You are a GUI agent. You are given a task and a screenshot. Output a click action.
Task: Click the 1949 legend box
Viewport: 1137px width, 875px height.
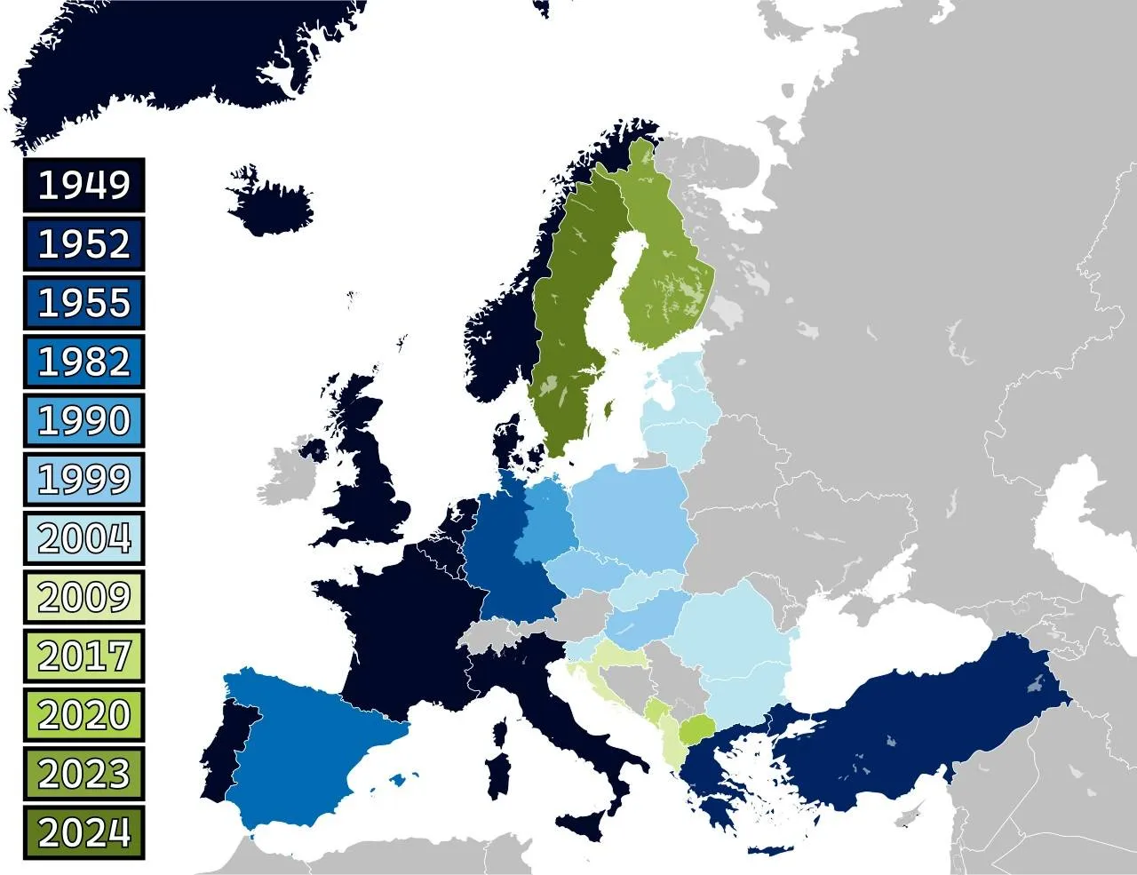click(84, 185)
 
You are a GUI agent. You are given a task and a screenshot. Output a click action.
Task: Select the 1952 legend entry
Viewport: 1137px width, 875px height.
click(84, 243)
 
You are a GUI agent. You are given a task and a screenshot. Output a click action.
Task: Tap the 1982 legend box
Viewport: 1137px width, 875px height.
click(84, 362)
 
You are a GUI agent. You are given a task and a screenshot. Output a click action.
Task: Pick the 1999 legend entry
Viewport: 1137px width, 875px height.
click(84, 479)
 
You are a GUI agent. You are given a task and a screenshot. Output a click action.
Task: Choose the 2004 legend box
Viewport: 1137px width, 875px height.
click(84, 537)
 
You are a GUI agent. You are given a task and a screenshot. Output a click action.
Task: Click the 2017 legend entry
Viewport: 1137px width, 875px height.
click(84, 656)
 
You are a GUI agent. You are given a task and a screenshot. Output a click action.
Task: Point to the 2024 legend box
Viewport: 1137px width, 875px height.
click(84, 832)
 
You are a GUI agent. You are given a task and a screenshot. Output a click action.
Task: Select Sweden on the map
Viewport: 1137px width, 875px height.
click(573, 293)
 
